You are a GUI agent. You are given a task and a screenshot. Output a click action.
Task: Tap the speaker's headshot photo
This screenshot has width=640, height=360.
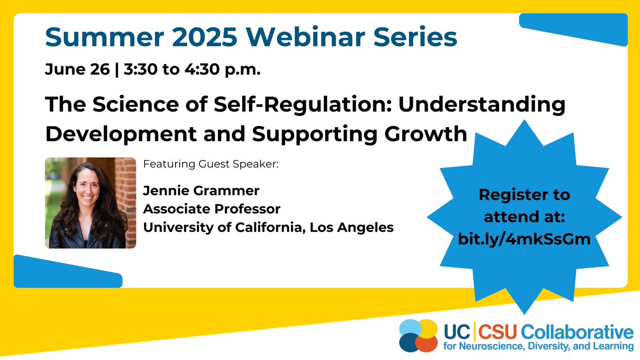[x=90, y=203]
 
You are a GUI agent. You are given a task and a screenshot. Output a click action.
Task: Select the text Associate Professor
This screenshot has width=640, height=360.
[x=212, y=209]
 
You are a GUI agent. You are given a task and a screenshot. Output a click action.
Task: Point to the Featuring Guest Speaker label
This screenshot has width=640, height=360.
[x=211, y=164]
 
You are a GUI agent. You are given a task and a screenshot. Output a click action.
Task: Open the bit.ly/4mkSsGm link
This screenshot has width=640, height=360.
[x=524, y=239]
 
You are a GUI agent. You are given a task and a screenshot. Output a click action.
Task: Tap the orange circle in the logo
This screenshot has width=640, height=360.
[x=426, y=343]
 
